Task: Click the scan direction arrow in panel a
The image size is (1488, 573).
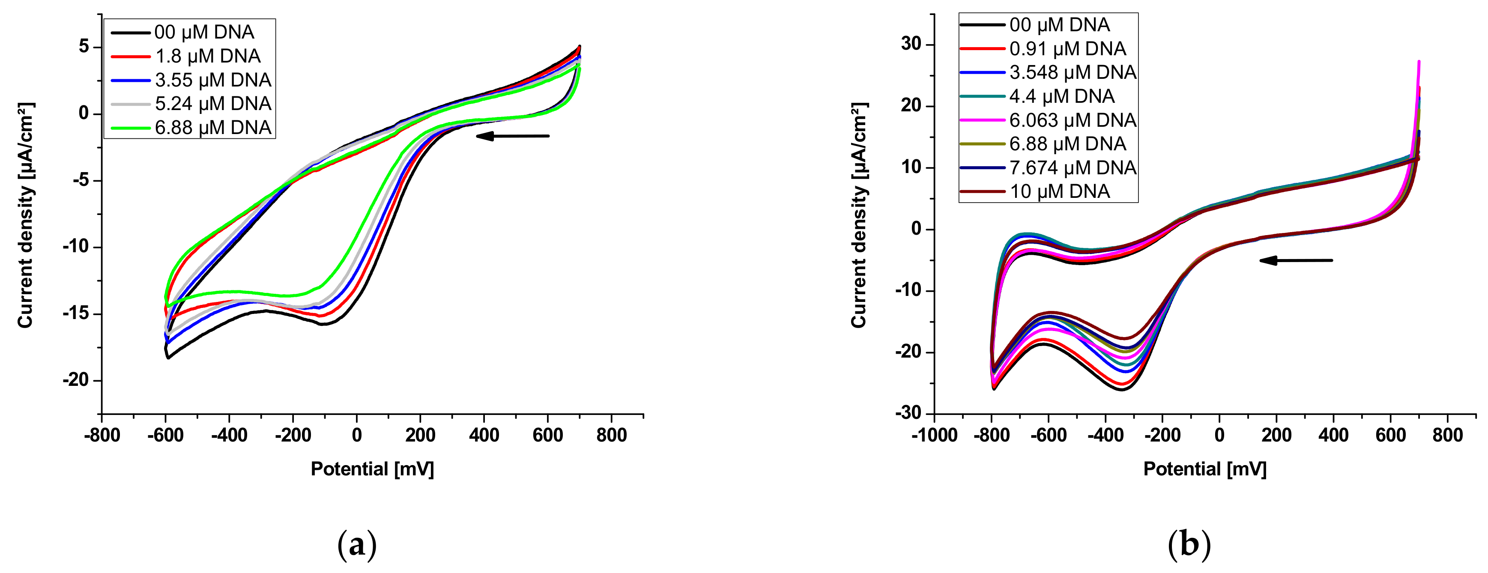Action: pos(512,136)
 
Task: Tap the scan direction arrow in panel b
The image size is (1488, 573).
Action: pos(1296,260)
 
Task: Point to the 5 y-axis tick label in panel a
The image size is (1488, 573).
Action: pos(84,47)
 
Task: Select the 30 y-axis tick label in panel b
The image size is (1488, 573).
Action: pos(911,44)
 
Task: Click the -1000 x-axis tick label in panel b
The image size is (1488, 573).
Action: pos(934,435)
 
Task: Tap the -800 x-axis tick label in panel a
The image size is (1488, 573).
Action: pos(102,435)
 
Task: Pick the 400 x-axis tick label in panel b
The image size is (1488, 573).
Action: pos(1333,435)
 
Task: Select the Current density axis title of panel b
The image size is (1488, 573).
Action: pos(859,215)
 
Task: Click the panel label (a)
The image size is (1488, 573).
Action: pos(357,545)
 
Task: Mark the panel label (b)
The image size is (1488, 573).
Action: pos(1189,545)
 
